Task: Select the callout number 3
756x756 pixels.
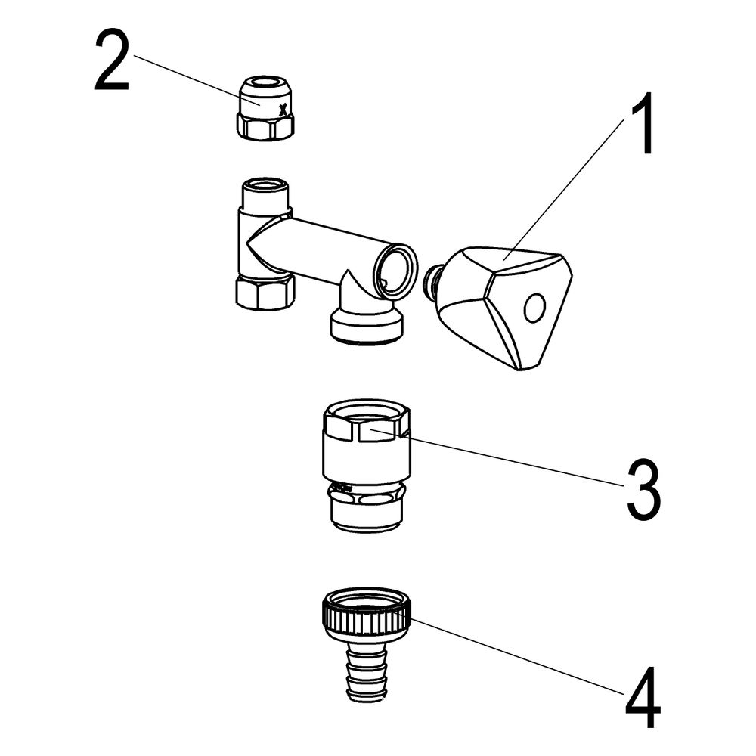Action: (643, 489)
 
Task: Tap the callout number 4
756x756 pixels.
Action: (643, 697)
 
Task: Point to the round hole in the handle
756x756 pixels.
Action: (534, 308)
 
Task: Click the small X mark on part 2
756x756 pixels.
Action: (283, 110)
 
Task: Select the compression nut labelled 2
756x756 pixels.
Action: (265, 108)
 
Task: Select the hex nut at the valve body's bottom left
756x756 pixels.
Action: (265, 292)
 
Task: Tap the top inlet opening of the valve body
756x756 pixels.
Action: (265, 185)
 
